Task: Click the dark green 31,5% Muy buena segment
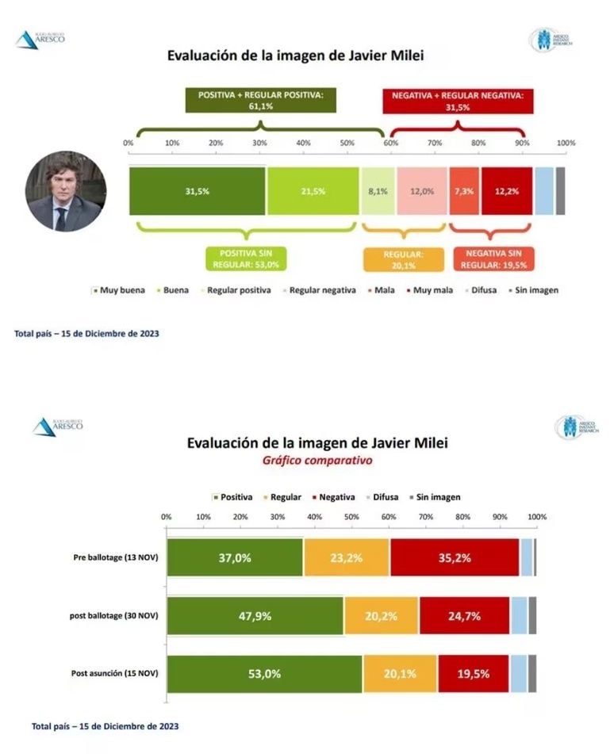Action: (x=197, y=190)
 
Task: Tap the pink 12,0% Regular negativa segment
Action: (x=421, y=190)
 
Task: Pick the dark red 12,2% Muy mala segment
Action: (x=506, y=190)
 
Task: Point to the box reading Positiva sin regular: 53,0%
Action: (x=247, y=258)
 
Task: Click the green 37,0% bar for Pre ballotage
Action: (x=235, y=557)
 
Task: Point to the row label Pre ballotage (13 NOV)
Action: (x=116, y=557)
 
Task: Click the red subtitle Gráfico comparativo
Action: (x=317, y=460)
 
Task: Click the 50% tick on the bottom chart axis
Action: (x=351, y=517)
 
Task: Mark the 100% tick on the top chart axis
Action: (x=565, y=143)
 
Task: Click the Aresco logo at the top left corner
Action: (x=39, y=39)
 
